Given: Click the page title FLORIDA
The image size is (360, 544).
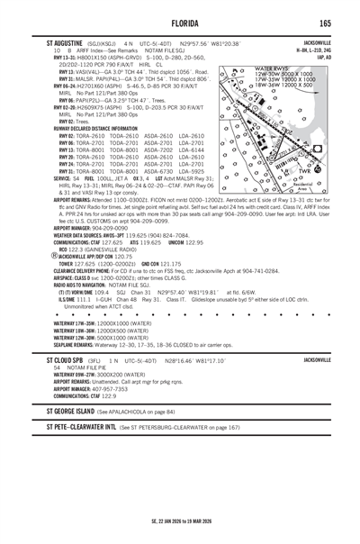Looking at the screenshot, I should pyautogui.click(x=180, y=22).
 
